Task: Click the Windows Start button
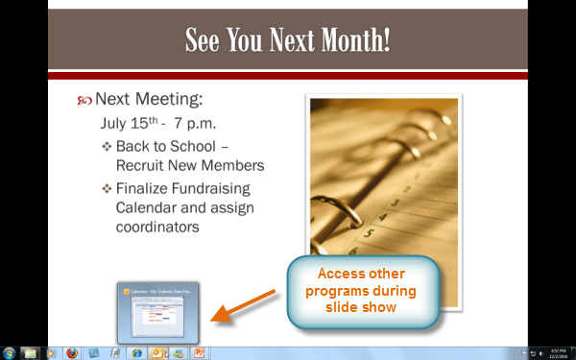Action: click(9, 352)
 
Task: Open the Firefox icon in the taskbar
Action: click(72, 352)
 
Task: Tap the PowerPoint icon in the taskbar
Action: click(200, 352)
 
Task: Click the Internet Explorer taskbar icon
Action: click(137, 352)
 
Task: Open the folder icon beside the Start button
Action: click(30, 352)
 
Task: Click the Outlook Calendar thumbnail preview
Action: click(157, 311)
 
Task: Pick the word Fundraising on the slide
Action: click(212, 188)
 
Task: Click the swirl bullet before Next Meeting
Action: click(84, 101)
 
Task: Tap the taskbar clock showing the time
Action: click(558, 352)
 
